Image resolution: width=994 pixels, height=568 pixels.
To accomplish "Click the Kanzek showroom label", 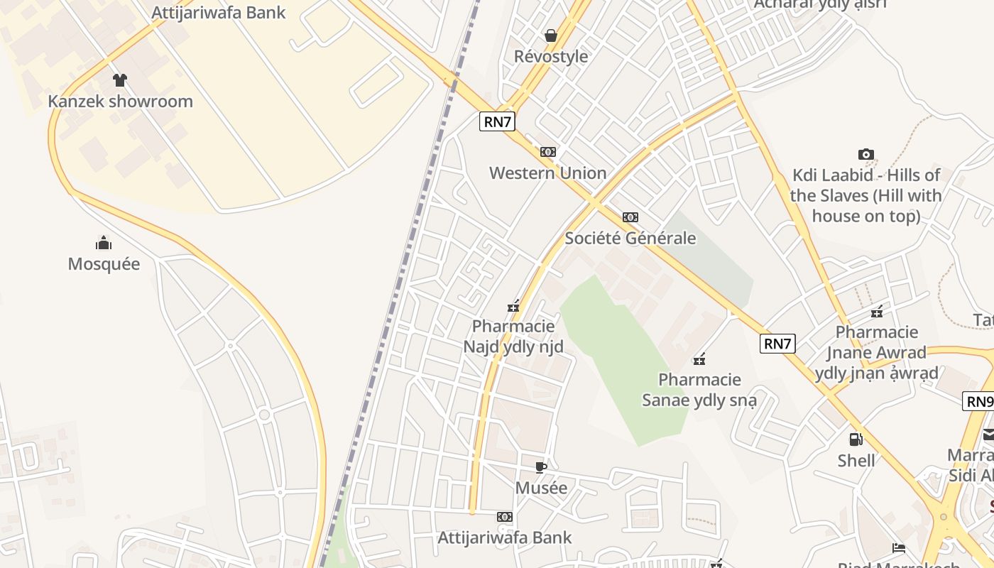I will click(x=120, y=102).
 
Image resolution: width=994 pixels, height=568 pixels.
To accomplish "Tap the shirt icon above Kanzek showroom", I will click(x=120, y=80).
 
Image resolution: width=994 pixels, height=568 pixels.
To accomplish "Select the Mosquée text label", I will click(x=104, y=264).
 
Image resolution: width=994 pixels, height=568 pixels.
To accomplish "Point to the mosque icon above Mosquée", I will click(x=104, y=244).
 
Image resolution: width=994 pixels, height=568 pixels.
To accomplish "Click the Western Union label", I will click(x=547, y=173).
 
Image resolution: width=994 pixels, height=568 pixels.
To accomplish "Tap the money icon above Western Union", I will click(x=547, y=152).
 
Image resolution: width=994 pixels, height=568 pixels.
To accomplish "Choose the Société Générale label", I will click(x=630, y=239).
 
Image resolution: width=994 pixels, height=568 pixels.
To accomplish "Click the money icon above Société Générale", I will click(x=630, y=217).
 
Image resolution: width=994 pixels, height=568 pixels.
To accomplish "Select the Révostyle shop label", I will click(x=551, y=57).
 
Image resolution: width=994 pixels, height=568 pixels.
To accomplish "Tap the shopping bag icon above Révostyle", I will click(x=551, y=35).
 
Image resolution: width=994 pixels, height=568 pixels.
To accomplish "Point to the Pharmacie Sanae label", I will click(x=699, y=390).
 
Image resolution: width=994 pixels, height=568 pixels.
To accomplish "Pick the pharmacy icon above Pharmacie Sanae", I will click(x=699, y=359).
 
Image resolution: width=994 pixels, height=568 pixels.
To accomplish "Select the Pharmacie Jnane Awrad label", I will click(x=877, y=352).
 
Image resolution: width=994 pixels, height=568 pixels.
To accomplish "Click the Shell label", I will click(x=856, y=461).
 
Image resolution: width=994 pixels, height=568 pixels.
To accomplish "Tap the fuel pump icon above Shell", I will click(x=856, y=439).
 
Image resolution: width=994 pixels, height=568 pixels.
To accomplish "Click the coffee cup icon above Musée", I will click(x=541, y=467).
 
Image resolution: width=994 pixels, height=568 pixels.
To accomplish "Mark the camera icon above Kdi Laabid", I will click(x=865, y=154).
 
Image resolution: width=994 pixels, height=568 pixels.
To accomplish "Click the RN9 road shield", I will click(x=979, y=401).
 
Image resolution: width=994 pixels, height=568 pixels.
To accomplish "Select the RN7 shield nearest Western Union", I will click(x=497, y=121).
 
